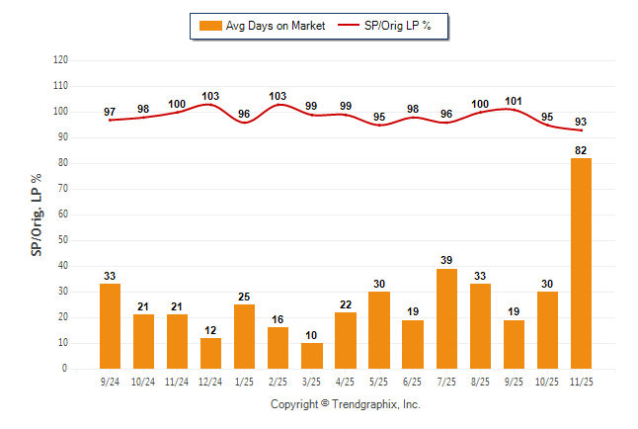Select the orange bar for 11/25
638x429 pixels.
pyautogui.click(x=581, y=263)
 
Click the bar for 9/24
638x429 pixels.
pyautogui.click(x=111, y=326)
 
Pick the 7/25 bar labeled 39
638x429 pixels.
pyautogui.click(x=446, y=318)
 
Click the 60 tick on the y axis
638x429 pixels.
pyautogui.click(x=62, y=214)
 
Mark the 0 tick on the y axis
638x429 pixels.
pyautogui.click(x=65, y=369)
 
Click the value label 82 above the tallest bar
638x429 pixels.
pyautogui.click(x=581, y=150)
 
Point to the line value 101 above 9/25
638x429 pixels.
pyautogui.click(x=514, y=100)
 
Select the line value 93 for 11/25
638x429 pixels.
pyautogui.click(x=581, y=121)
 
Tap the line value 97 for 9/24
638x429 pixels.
pyautogui.click(x=111, y=111)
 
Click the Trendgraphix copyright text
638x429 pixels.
pyautogui.click(x=346, y=404)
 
